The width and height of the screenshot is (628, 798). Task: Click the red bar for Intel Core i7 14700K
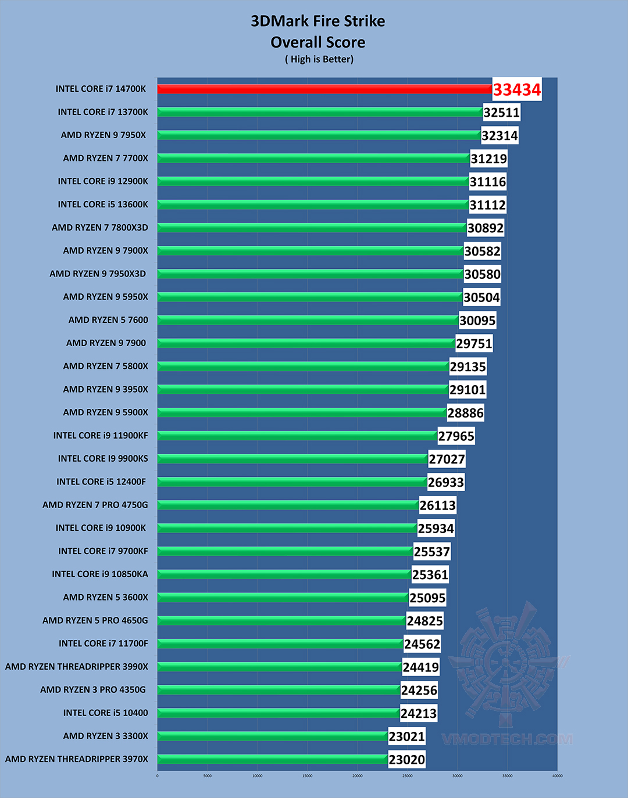[324, 89]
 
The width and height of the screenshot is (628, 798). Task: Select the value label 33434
[517, 89]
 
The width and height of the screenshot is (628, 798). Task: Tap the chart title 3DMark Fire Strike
[317, 21]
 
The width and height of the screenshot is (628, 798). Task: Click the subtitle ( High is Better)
[319, 59]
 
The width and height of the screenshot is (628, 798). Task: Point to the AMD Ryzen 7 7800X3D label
[100, 228]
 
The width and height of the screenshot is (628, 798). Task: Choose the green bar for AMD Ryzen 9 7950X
[319, 135]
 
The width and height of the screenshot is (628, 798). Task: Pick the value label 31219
[488, 159]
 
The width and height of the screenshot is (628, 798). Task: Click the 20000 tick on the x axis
[357, 776]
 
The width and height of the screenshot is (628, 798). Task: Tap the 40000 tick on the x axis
[557, 776]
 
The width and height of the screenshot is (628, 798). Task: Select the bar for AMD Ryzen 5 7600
[308, 320]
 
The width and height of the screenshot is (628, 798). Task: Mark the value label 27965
[456, 436]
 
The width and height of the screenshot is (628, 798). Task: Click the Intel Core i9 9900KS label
[103, 459]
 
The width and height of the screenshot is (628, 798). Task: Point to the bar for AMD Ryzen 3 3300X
[272, 736]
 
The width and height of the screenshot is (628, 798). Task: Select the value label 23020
[406, 760]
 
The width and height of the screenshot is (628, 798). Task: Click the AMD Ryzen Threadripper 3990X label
[77, 667]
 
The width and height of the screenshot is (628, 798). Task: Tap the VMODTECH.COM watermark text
[507, 739]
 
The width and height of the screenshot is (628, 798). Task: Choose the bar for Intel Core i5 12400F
[292, 482]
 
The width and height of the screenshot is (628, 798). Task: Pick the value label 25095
[427, 598]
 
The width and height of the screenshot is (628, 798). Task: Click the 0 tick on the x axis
[157, 776]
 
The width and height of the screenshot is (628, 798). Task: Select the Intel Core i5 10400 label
[106, 713]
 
